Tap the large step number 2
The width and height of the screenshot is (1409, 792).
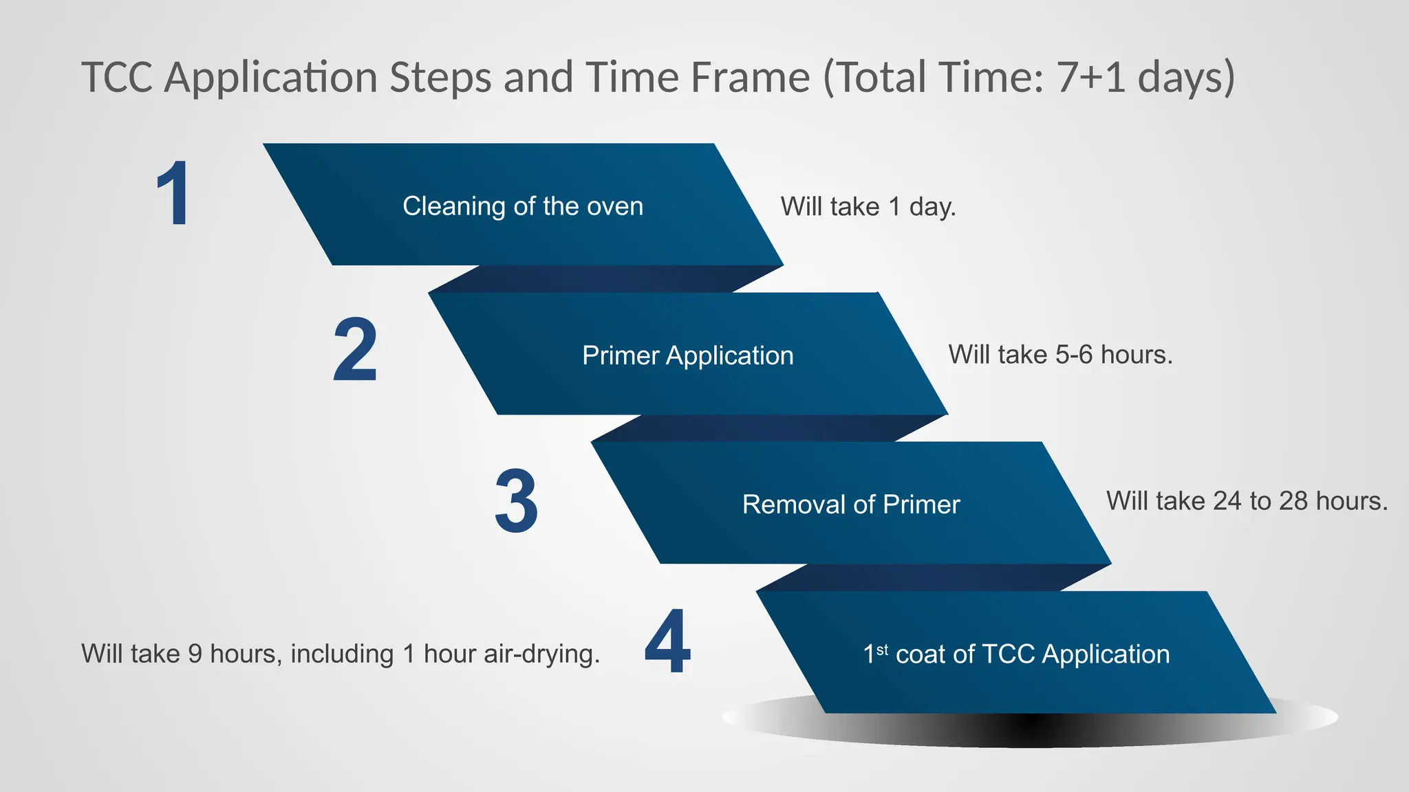pyautogui.click(x=355, y=350)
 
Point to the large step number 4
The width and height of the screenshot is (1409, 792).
pyautogui.click(x=667, y=641)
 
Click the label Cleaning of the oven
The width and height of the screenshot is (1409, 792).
pyautogui.click(x=523, y=206)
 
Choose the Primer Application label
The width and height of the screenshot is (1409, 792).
pyautogui.click(x=687, y=355)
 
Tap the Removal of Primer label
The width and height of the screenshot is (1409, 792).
pyautogui.click(x=851, y=505)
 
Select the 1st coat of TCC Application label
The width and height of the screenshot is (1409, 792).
pyautogui.click(x=1016, y=654)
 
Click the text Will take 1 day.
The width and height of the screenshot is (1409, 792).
pyautogui.click(x=868, y=206)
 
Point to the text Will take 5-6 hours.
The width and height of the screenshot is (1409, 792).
pyautogui.click(x=1060, y=355)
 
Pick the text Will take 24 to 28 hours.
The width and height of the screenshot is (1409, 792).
pyautogui.click(x=1247, y=501)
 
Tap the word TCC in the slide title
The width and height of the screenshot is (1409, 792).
pyautogui.click(x=117, y=77)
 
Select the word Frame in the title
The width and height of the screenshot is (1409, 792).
pyautogui.click(x=750, y=77)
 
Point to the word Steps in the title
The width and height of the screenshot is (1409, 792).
pyautogui.click(x=440, y=77)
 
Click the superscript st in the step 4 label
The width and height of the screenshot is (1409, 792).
pyautogui.click(x=882, y=648)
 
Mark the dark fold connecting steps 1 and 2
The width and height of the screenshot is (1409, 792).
pyautogui.click(x=605, y=279)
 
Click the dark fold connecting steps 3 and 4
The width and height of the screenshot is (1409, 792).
pyautogui.click(x=934, y=577)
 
